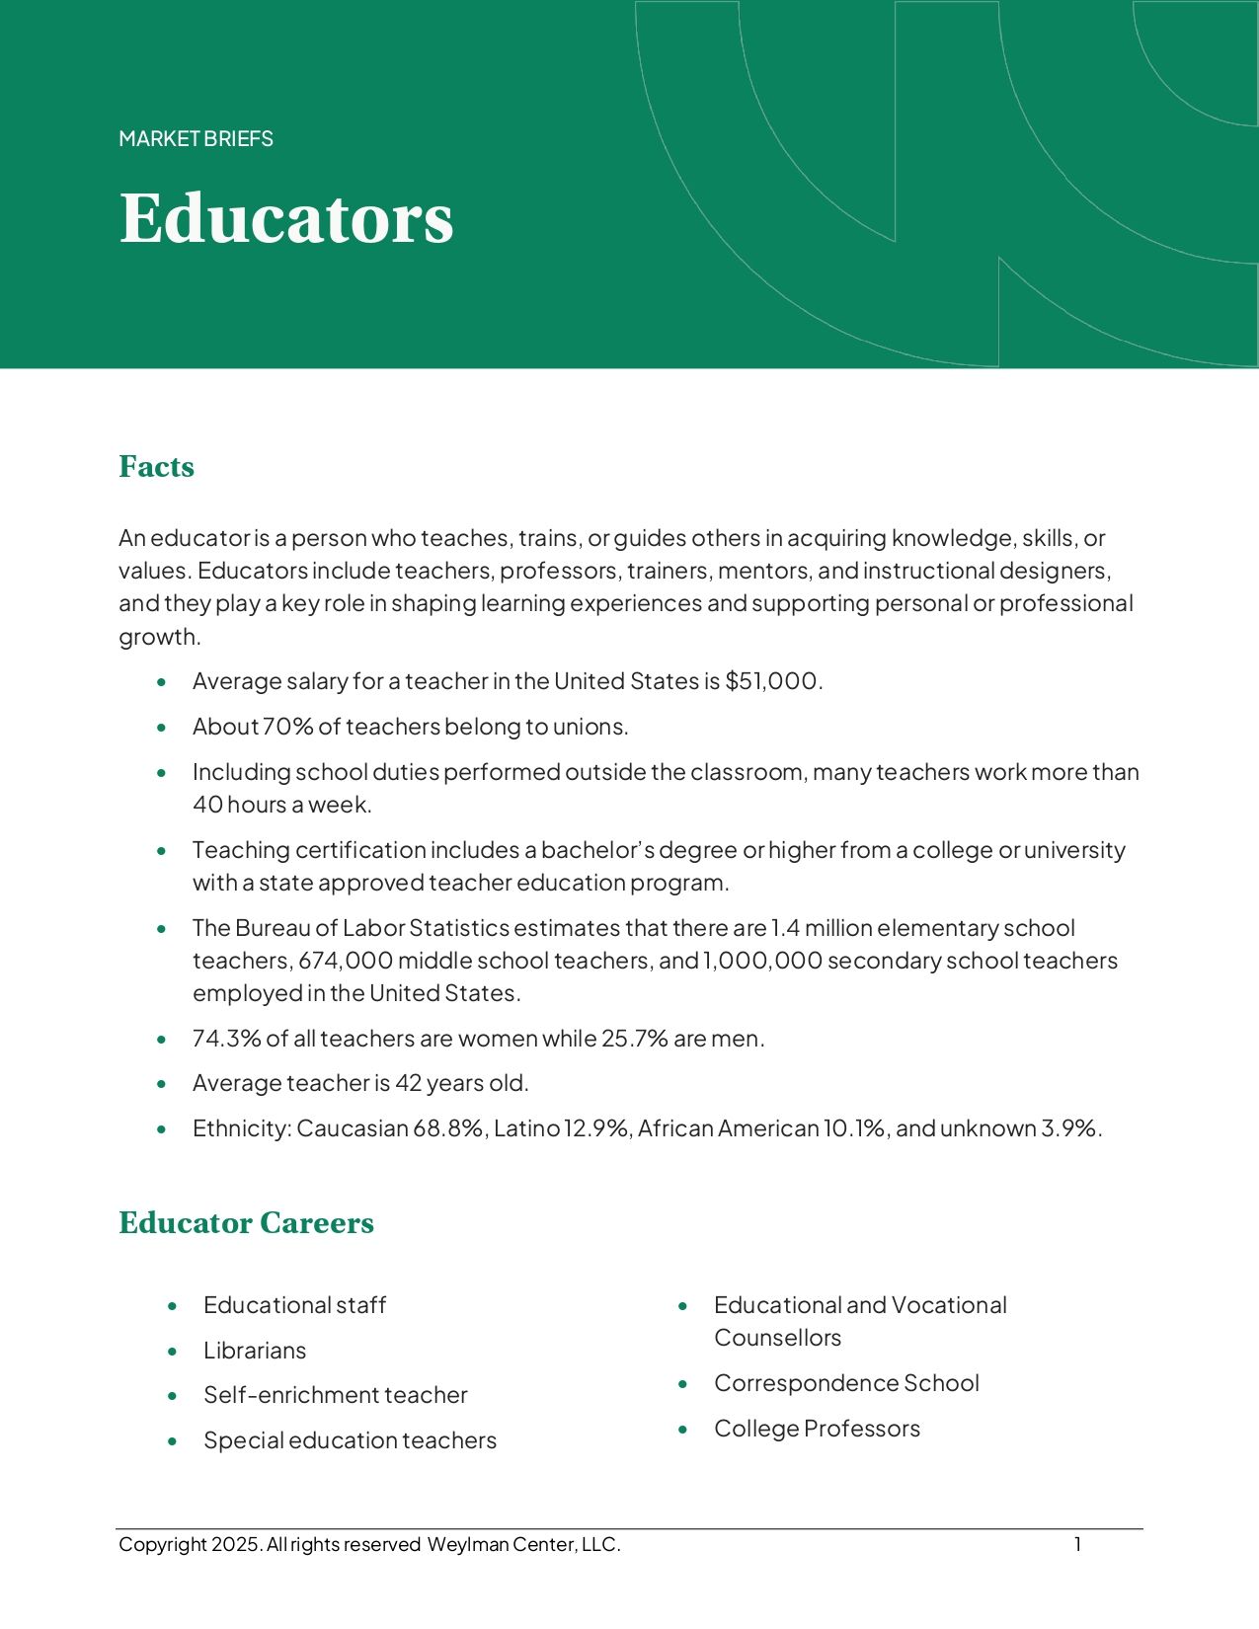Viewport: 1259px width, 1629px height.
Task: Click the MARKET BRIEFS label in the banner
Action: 196,139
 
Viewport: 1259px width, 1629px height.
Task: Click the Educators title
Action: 286,218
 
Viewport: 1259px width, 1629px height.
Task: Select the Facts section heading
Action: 156,466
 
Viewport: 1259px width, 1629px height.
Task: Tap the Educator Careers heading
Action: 246,1222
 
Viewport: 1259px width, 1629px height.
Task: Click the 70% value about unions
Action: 287,727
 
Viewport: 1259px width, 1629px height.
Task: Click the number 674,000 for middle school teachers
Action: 346,961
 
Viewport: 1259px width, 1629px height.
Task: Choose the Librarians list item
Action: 255,1351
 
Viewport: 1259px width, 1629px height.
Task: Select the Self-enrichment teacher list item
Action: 335,1395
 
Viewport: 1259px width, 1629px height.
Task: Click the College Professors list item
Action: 817,1429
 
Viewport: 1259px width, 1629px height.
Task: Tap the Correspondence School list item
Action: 846,1383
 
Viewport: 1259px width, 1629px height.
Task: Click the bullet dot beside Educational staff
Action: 173,1306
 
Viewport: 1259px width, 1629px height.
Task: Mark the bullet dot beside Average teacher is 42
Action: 162,1084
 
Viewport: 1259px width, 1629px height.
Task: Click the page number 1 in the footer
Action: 1078,1544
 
